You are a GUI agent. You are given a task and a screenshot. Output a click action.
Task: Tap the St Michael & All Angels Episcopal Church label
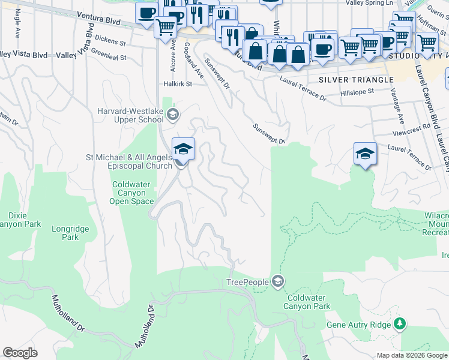pos(129,161)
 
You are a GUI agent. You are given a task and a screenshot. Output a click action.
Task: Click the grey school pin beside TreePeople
pos(277,281)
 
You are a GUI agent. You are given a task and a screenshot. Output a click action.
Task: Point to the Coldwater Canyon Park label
pos(309,302)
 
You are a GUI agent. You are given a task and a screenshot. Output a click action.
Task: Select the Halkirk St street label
pos(178,85)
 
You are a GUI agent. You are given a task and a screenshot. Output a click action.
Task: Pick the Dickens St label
pos(110,43)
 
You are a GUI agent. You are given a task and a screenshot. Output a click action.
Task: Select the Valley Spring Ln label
pos(370,3)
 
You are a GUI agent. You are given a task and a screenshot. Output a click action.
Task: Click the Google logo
pos(20,353)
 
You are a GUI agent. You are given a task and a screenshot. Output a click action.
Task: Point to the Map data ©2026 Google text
pos(412,355)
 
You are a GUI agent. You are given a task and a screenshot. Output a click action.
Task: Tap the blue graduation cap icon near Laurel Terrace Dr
pos(365,154)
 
